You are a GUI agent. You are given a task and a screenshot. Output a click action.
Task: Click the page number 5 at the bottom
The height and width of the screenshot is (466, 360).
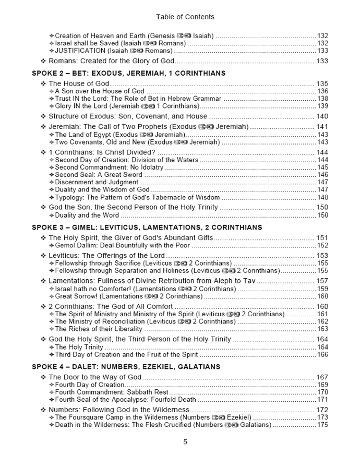click(x=185, y=442)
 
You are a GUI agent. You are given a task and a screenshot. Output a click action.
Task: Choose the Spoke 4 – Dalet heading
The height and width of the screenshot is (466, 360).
click(x=126, y=367)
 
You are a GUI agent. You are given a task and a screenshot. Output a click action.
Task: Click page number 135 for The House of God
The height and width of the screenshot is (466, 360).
click(x=322, y=83)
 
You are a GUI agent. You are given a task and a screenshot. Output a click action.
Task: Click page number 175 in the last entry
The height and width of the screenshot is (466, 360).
click(x=322, y=425)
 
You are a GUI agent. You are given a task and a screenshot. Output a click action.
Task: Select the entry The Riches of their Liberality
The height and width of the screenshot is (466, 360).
click(x=98, y=329)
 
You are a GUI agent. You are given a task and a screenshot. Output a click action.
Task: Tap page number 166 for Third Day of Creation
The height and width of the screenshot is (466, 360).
click(x=322, y=355)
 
